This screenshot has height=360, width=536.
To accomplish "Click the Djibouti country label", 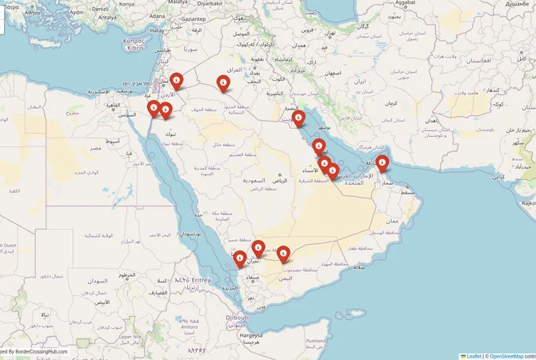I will pyautogui.click(x=236, y=317).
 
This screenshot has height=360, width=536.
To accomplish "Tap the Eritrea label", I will pyautogui.click(x=197, y=280).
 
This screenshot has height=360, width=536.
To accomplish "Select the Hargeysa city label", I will pyautogui.click(x=255, y=335).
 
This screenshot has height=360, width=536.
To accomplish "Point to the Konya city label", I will pyautogui.click(x=126, y=3).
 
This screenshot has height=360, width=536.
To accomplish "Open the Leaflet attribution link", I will pyautogui.click(x=474, y=356).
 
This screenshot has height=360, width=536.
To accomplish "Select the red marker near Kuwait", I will pyautogui.click(x=298, y=119).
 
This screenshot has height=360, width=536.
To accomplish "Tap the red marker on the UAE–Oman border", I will pyautogui.click(x=382, y=164).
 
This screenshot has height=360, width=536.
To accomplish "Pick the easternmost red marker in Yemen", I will pyautogui.click(x=283, y=254).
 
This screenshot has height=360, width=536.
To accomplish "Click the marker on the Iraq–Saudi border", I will pyautogui.click(x=222, y=82).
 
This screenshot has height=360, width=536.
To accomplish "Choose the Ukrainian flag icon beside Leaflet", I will pyautogui.click(x=463, y=356).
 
